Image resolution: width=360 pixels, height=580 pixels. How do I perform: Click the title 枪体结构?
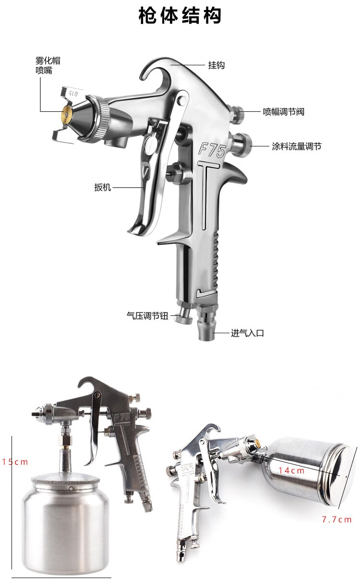(x=180, y=15)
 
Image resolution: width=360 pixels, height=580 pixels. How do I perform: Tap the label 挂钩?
(x=216, y=65)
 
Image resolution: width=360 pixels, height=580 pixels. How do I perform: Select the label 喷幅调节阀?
(x=284, y=111)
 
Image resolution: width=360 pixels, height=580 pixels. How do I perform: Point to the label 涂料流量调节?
(x=297, y=146)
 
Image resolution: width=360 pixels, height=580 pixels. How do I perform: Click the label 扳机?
(x=103, y=187)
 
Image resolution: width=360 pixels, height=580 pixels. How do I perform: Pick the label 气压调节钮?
(x=147, y=315)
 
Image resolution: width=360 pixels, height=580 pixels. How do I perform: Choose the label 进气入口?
(x=247, y=333)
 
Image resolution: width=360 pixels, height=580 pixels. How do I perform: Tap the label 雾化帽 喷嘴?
(x=48, y=65)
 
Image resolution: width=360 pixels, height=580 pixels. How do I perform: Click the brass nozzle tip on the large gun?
(x=67, y=114)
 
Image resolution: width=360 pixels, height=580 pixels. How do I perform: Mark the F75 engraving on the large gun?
(x=212, y=150)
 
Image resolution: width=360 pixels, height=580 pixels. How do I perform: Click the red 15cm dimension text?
(x=15, y=462)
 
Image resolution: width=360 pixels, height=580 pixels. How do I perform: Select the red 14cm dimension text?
(x=291, y=471)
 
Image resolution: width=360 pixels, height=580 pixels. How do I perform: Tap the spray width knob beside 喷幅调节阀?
(x=237, y=114)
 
